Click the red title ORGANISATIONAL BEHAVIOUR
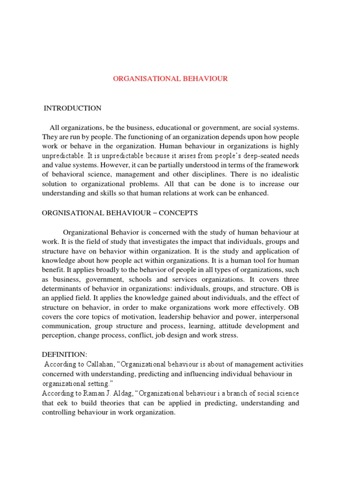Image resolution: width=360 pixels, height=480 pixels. click(x=170, y=79)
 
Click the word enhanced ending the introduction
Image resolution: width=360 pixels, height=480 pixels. click(x=253, y=193)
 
